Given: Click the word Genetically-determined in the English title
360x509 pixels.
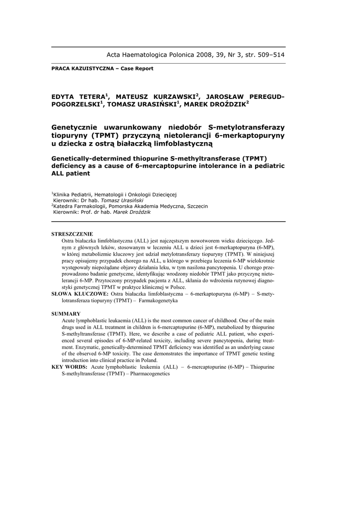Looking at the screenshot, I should pyautogui.click(x=97, y=158).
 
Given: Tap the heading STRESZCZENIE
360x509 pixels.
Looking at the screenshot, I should pyautogui.click(x=72, y=234).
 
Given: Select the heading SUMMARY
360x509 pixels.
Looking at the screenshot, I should pyautogui.click(x=66, y=314).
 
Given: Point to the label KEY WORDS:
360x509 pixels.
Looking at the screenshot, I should pyautogui.click(x=70, y=367).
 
